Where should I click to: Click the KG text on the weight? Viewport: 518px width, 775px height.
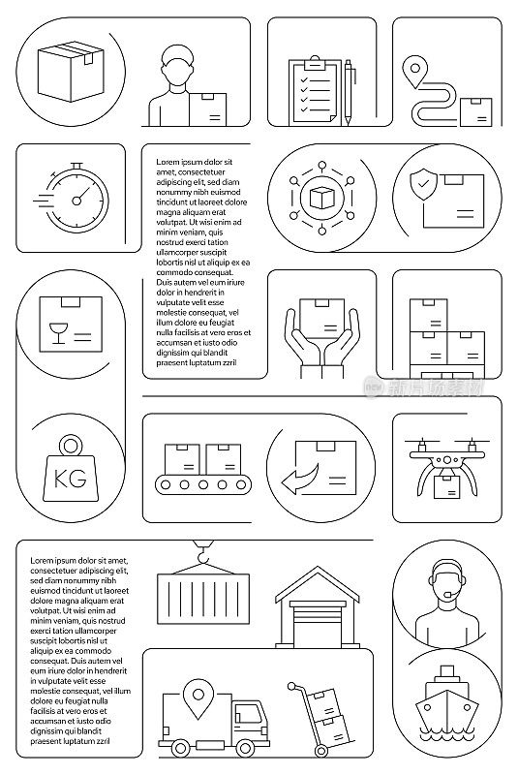tap(70, 479)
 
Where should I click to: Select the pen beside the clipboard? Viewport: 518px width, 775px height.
tap(349, 92)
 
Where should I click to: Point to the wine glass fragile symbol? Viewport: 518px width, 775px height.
tap(58, 333)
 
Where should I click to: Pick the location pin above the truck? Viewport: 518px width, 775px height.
tap(198, 698)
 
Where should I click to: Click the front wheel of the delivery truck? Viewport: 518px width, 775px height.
tap(245, 747)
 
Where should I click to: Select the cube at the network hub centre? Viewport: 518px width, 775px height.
tap(322, 198)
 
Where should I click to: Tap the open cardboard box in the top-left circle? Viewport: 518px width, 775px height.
tap(71, 71)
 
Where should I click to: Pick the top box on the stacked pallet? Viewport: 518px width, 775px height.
tap(429, 315)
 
